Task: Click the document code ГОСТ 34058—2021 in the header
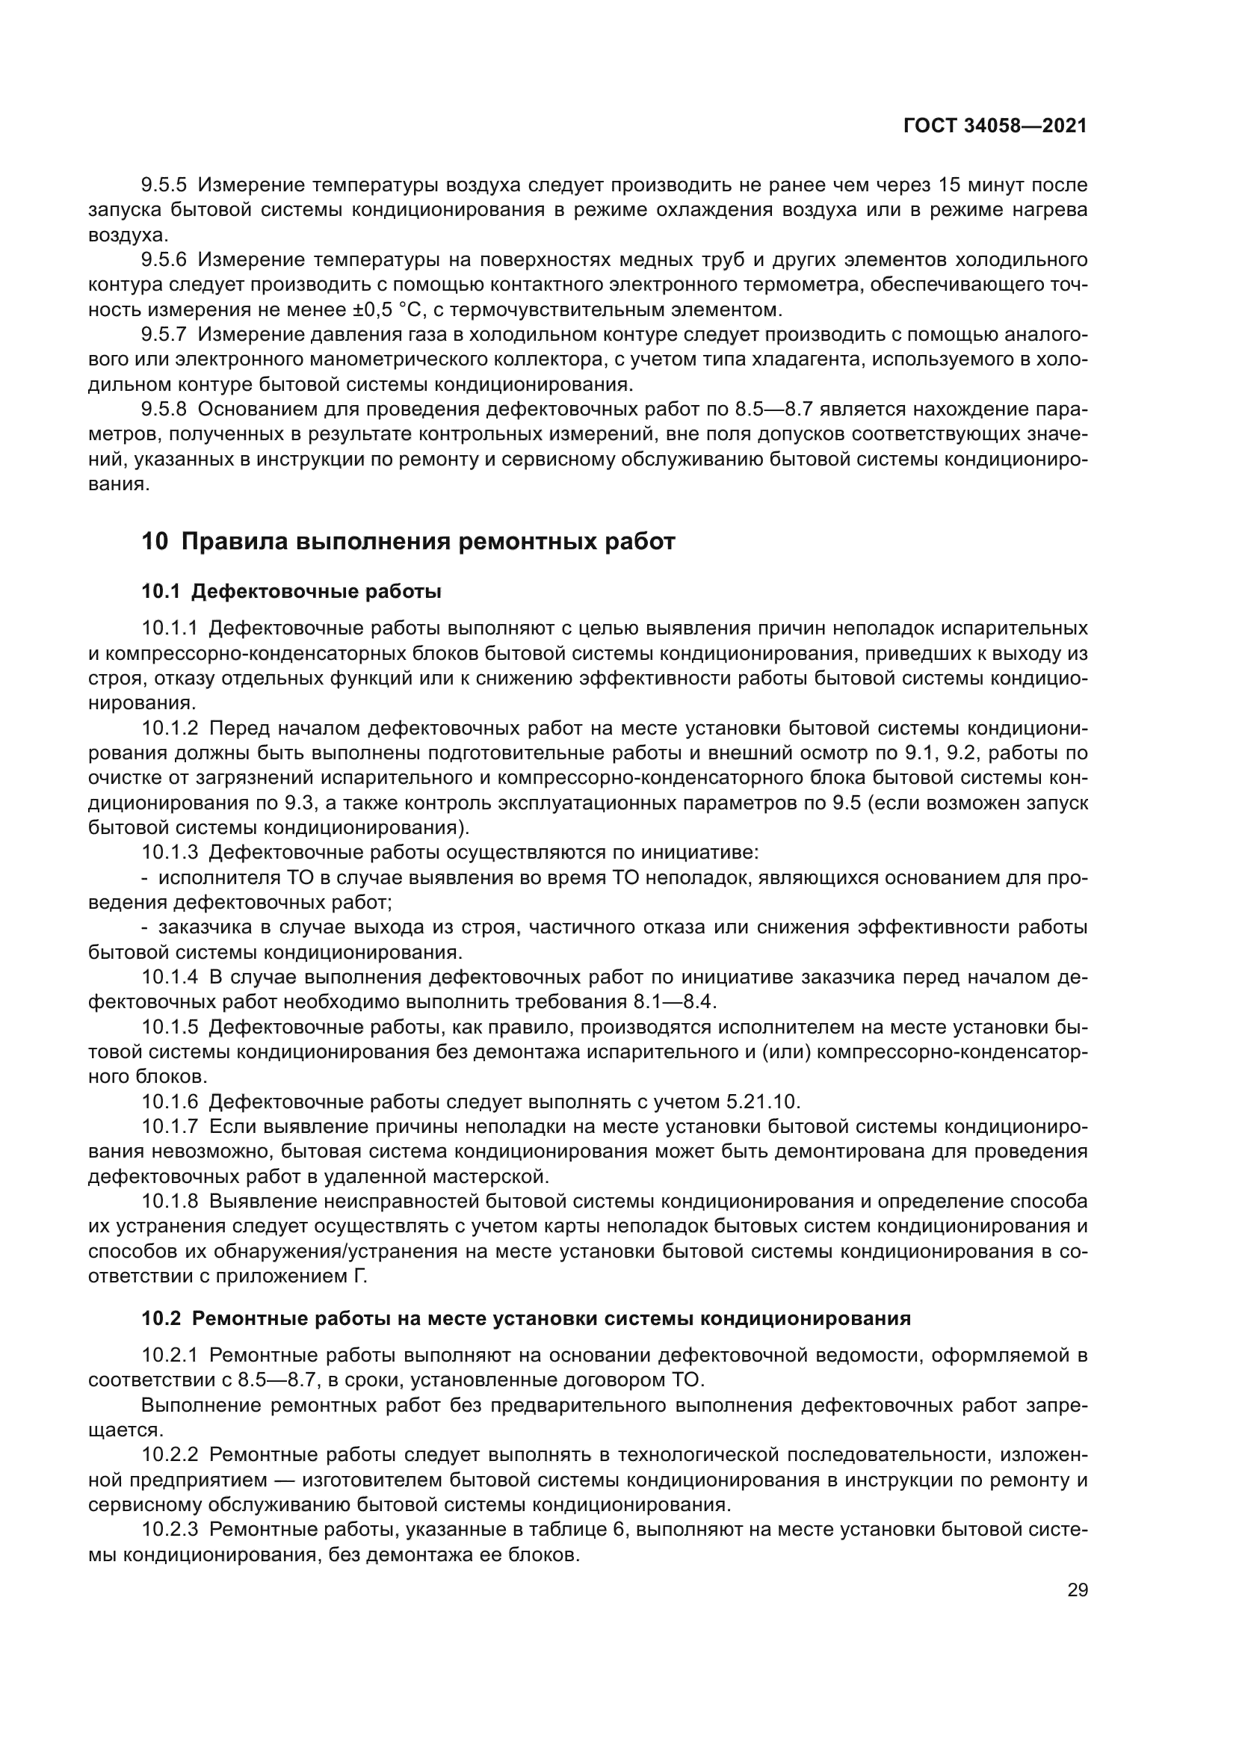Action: (x=995, y=126)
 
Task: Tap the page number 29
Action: (x=1077, y=1590)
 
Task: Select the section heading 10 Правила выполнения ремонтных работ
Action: (x=408, y=541)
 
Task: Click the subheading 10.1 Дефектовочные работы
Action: (x=291, y=591)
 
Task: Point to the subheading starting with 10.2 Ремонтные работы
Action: (x=525, y=1318)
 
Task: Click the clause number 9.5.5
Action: (x=164, y=185)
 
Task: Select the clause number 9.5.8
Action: (x=164, y=410)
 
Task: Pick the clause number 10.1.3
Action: (x=170, y=852)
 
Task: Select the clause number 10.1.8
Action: (x=170, y=1201)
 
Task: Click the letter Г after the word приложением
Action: (x=362, y=1275)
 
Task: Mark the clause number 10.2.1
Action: (x=170, y=1355)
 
